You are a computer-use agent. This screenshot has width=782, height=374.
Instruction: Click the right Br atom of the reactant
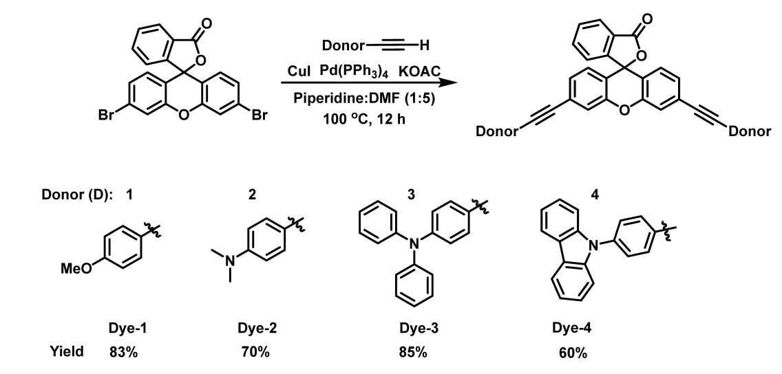tap(260, 115)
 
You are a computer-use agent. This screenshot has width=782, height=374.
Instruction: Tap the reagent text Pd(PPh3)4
tap(353, 71)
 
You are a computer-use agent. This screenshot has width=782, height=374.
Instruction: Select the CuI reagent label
tap(299, 71)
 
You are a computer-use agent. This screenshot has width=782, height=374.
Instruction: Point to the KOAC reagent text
tap(419, 71)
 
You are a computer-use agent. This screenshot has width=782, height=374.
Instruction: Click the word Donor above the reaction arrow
tap(343, 46)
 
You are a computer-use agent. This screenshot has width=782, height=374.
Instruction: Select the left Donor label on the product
tap(496, 131)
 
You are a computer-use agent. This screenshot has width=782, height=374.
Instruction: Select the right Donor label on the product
tap(750, 131)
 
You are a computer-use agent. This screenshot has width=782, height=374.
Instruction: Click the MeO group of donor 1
tap(76, 269)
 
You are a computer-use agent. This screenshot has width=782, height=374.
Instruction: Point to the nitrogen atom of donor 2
tap(230, 259)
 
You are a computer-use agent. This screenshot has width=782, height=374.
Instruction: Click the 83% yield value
tap(123, 352)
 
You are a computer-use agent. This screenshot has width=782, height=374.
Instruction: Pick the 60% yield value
tap(573, 353)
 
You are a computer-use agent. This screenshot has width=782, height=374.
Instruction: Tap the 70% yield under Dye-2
tap(255, 352)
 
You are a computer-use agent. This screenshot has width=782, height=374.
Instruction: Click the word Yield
tap(67, 351)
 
